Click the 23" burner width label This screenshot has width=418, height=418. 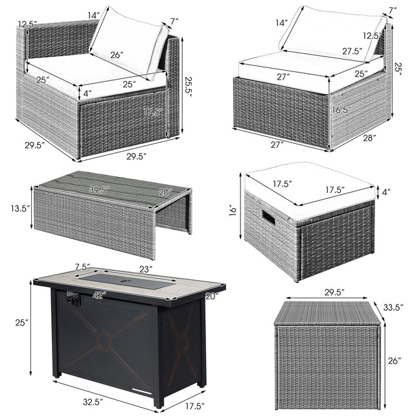[146, 268]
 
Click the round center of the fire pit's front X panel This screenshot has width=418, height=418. [102, 339]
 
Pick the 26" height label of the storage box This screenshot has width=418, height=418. [391, 359]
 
